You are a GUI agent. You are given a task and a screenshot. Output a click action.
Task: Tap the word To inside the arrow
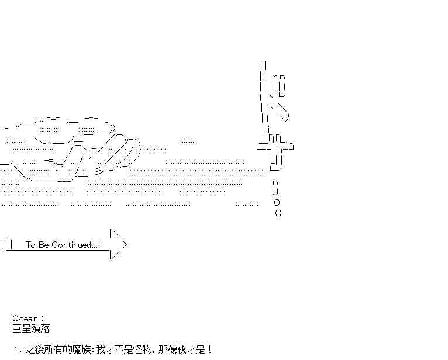[x=31, y=245]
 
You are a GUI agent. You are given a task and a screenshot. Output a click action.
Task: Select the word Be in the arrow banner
[x=44, y=245]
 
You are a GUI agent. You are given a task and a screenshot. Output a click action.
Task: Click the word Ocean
[x=25, y=319]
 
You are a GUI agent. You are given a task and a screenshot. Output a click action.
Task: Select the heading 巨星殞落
[x=31, y=328]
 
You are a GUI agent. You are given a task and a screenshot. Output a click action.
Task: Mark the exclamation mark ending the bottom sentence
[x=209, y=349]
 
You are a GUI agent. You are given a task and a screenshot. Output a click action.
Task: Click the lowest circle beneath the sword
[x=278, y=213]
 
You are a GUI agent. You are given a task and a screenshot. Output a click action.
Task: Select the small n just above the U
[x=275, y=182]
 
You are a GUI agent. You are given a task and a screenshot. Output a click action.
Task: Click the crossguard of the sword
[x=275, y=146]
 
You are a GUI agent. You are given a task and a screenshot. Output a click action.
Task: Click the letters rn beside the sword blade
[x=279, y=77]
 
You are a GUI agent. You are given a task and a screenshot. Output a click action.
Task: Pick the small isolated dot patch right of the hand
[x=188, y=140]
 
